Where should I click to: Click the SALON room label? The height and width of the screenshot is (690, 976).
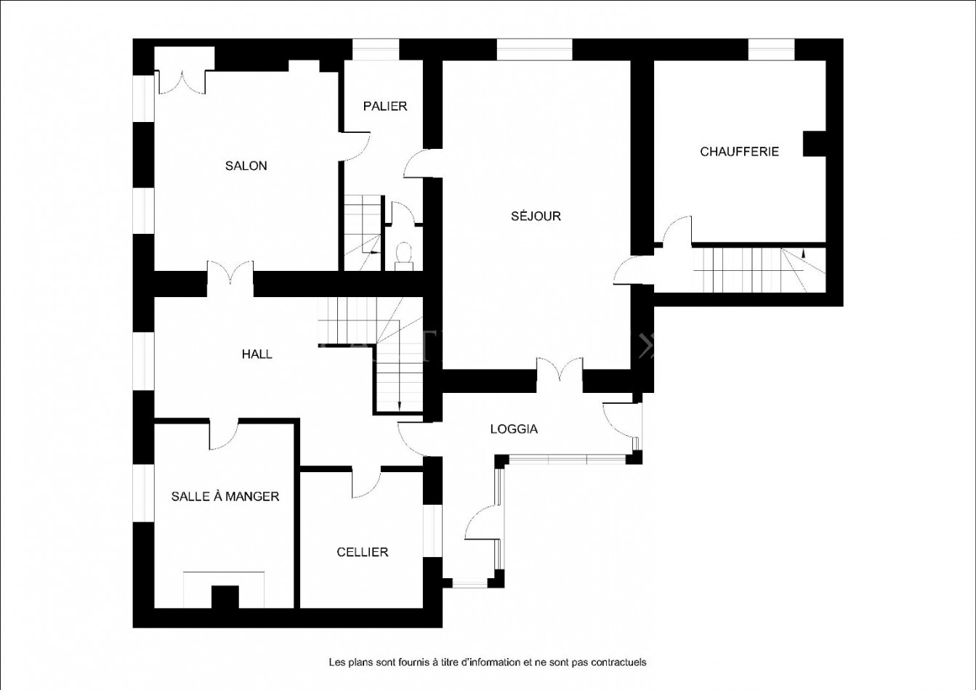(x=246, y=166)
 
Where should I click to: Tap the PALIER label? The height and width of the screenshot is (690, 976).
(x=384, y=106)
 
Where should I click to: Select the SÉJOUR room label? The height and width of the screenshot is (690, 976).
(x=536, y=216)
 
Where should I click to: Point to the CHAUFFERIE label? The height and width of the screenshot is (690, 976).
(x=739, y=152)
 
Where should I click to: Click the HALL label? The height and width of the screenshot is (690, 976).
(x=257, y=354)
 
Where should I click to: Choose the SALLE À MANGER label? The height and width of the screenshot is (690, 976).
(x=225, y=496)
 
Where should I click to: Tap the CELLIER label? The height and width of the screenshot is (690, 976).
(x=362, y=552)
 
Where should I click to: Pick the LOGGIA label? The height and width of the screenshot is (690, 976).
(x=514, y=429)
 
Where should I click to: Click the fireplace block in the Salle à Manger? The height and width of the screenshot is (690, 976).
(x=225, y=597)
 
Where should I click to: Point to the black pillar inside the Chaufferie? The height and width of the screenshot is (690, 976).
(x=815, y=144)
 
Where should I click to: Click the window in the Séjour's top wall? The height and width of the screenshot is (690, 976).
(x=534, y=49)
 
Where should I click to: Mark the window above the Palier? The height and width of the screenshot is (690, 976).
(x=376, y=49)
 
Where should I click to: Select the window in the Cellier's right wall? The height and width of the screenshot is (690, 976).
(x=432, y=531)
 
